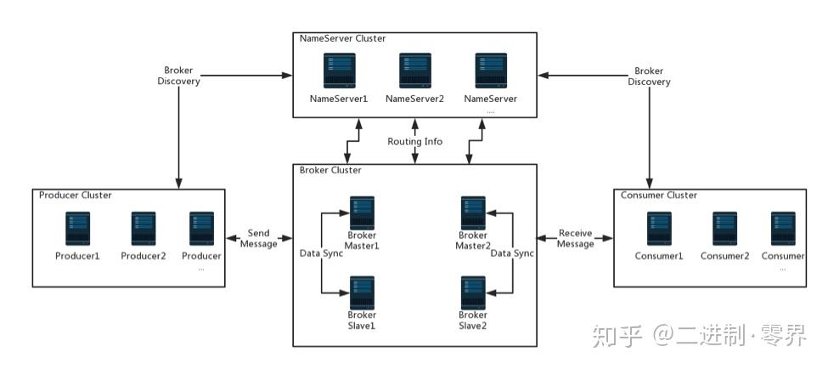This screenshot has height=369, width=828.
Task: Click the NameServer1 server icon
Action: (x=339, y=71)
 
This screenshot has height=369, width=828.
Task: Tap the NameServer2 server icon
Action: (x=414, y=71)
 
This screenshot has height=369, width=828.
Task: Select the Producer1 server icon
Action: (x=77, y=229)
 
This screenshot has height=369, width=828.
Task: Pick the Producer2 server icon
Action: (x=144, y=229)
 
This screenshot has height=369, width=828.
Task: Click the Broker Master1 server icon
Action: (x=362, y=213)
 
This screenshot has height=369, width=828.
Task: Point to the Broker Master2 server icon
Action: (x=473, y=213)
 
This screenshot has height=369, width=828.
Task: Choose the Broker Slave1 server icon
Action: (x=362, y=292)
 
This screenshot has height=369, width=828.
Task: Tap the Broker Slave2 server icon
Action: (x=473, y=292)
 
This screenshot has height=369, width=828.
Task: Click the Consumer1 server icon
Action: (x=659, y=229)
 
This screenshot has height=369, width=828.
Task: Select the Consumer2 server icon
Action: (x=724, y=229)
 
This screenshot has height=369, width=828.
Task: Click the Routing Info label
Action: (x=415, y=142)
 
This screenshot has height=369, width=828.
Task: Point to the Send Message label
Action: (x=259, y=238)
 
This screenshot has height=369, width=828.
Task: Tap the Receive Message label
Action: (x=576, y=238)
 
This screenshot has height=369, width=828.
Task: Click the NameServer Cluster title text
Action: (x=343, y=38)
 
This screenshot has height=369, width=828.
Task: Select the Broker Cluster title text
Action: (x=330, y=170)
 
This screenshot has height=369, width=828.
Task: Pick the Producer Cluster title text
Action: (x=76, y=195)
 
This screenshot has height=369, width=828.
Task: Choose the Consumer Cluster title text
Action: (x=659, y=195)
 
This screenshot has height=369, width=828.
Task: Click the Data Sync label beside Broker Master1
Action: (x=322, y=253)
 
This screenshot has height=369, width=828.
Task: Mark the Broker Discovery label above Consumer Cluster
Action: (x=649, y=77)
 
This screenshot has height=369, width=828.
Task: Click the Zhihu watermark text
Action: (x=700, y=335)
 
